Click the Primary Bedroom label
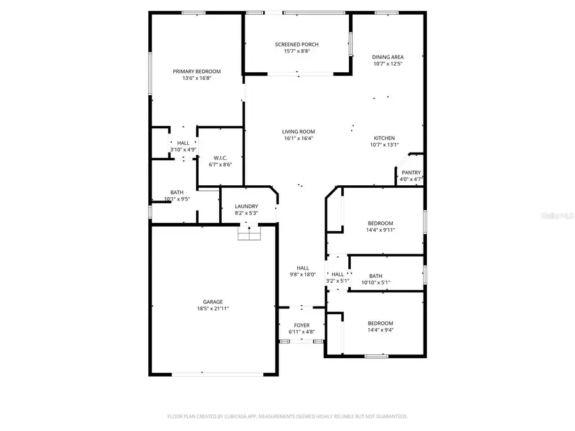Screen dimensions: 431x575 (x=196, y=72)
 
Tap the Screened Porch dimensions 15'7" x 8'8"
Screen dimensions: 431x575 (x=296, y=52)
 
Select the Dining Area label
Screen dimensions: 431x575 (x=388, y=57)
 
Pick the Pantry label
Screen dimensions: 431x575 (x=411, y=173)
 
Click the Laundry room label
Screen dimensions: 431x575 (x=246, y=206)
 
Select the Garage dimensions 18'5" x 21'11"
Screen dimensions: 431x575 (x=213, y=308)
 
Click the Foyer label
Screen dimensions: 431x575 (x=302, y=325)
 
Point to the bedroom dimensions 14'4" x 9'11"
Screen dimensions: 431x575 (x=380, y=230)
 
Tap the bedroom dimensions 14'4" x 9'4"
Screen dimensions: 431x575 (x=380, y=330)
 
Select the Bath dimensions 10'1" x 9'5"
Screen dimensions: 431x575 (x=177, y=199)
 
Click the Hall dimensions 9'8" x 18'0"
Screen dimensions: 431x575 (x=302, y=275)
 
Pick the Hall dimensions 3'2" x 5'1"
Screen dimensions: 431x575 (x=337, y=280)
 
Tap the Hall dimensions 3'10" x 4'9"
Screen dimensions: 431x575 (x=183, y=149)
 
